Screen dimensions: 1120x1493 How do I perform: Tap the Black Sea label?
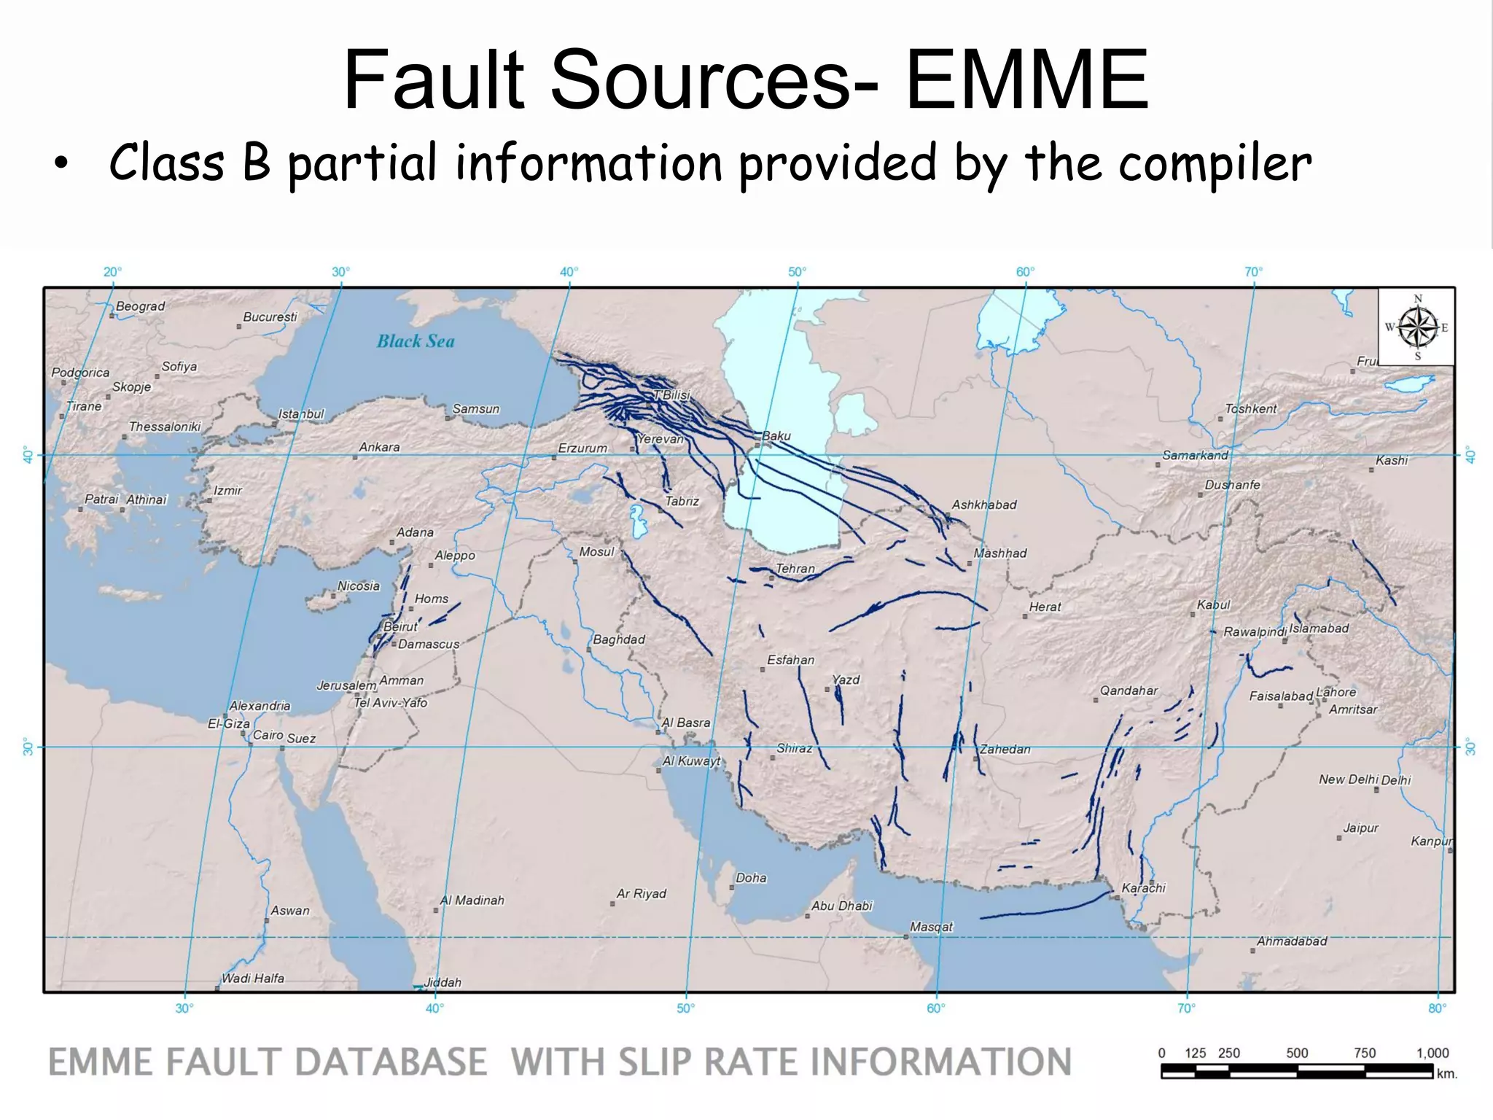pos(416,341)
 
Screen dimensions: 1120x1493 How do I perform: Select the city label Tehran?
pos(795,569)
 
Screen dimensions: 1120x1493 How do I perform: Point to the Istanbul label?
pos(301,414)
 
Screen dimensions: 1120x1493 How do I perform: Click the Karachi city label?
pos(1143,888)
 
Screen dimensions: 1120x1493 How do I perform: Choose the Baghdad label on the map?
pos(619,639)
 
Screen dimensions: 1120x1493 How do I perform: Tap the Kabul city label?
pos(1213,604)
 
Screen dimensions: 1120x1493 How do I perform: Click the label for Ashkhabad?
pos(983,505)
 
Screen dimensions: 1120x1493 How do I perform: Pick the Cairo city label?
pos(268,735)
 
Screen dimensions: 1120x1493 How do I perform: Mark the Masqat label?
pos(931,927)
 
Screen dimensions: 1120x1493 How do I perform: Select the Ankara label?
pos(379,447)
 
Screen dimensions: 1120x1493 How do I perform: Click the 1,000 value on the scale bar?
pos(1432,1053)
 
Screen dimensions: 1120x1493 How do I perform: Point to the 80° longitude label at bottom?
pos(1437,1008)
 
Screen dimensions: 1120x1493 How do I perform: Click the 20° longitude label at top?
pos(112,272)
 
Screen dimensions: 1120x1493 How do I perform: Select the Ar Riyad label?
pos(642,894)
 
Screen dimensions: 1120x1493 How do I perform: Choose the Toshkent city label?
pos(1251,409)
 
